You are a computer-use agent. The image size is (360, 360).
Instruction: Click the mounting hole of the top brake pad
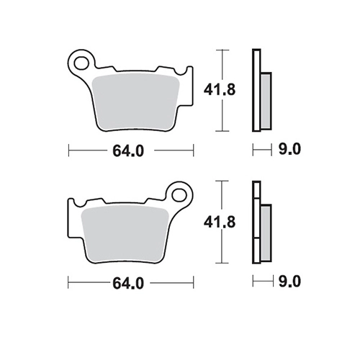[x=81, y=63]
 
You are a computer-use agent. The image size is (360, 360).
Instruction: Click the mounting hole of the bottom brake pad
[x=179, y=194]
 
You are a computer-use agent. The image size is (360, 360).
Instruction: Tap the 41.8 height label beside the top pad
[x=220, y=90]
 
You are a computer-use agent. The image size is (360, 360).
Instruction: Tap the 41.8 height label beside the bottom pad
[x=220, y=222]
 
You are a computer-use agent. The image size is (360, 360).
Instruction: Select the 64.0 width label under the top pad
[x=128, y=151]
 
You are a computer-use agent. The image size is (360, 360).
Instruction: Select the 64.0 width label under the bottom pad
[x=128, y=284]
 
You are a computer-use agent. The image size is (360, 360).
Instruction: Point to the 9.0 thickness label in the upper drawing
[x=289, y=149]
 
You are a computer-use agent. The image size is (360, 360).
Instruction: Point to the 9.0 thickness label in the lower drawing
[x=289, y=282]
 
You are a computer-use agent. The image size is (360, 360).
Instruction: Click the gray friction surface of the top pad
[x=136, y=102]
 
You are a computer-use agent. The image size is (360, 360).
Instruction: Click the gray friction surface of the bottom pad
[x=125, y=234]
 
